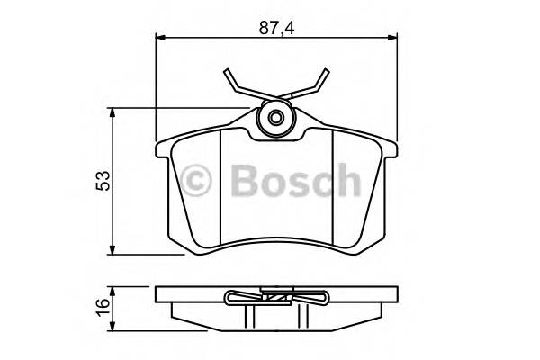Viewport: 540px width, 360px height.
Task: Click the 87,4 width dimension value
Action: pos(276,27)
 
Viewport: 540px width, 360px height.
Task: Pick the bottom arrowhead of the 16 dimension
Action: pos(112,319)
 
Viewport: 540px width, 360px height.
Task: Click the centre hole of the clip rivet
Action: pos(276,119)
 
